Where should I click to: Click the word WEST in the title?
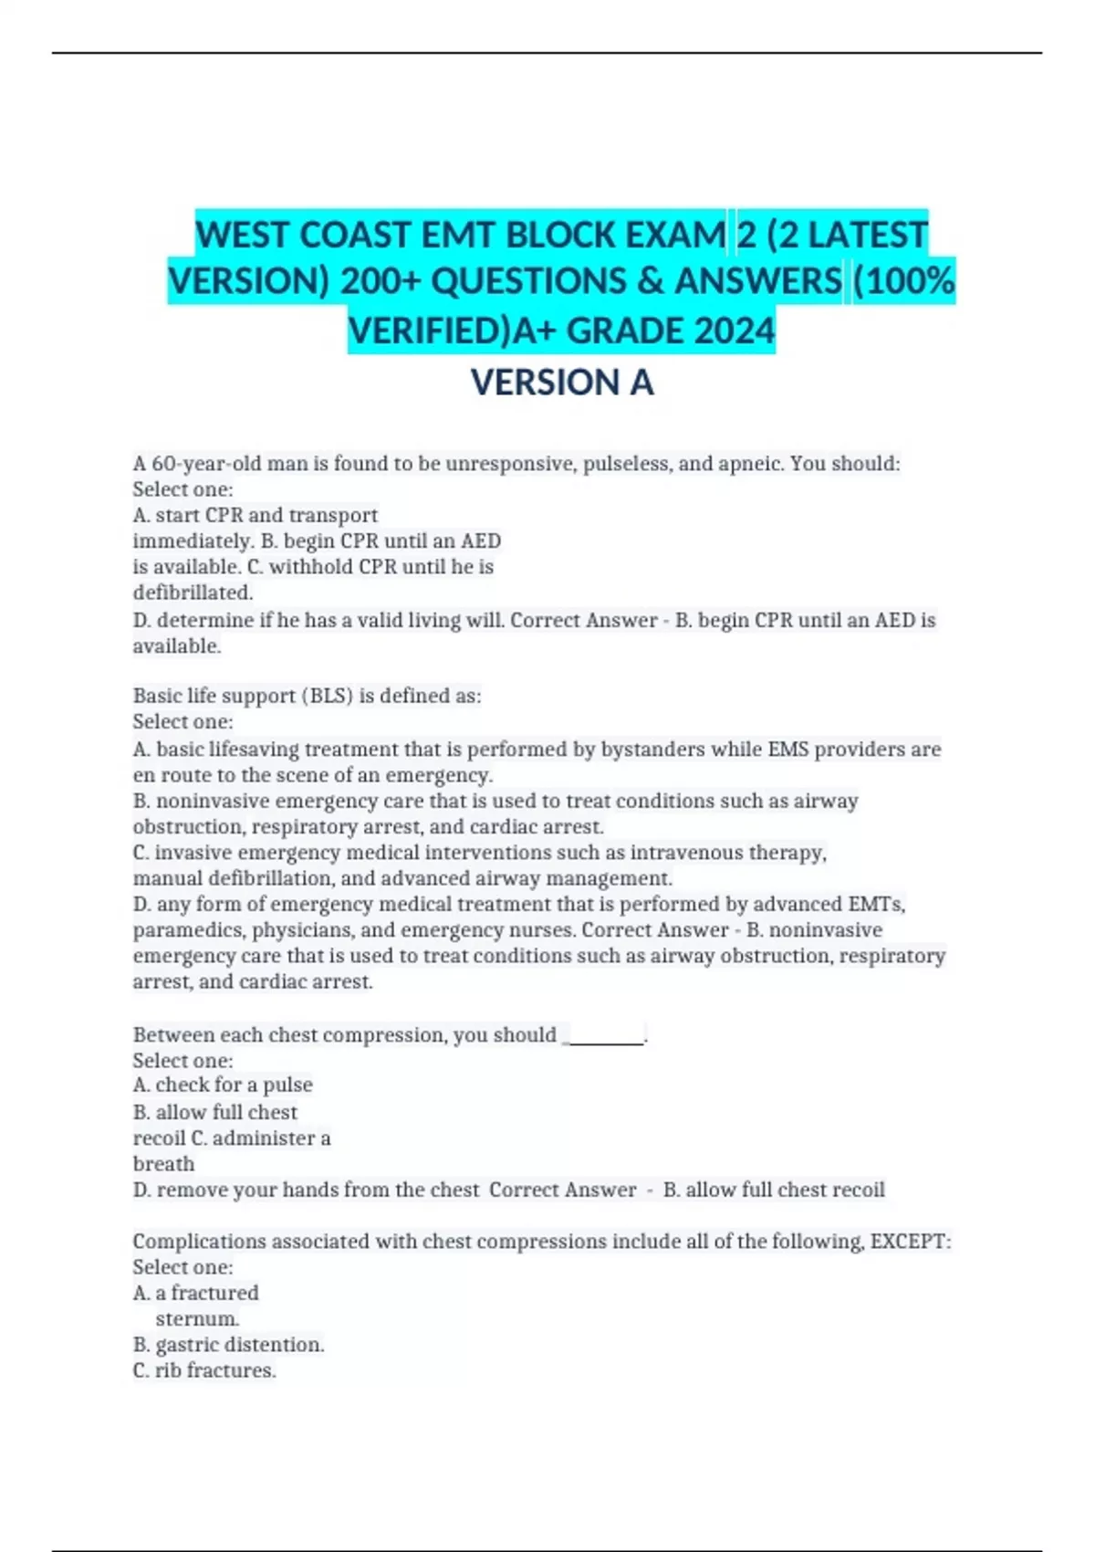243,236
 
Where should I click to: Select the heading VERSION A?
561,383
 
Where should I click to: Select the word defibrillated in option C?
193,592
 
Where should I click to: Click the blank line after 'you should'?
605,1036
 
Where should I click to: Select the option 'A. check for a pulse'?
223,1085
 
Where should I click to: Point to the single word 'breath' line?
163,1164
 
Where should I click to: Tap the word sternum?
197,1319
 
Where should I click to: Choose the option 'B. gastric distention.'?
228,1345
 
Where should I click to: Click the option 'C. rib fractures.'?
204,1370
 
